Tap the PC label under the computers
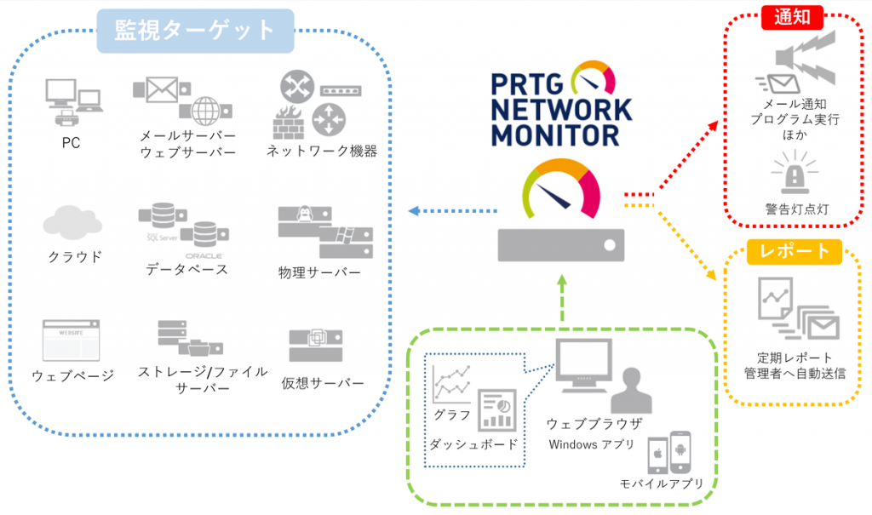[x=71, y=143]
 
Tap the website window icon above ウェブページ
[x=71, y=339]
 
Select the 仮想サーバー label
[x=322, y=382]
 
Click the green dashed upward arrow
[x=561, y=298]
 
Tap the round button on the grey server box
[x=607, y=244]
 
